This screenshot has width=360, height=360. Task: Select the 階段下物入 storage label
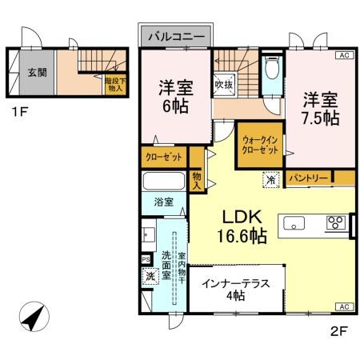(x=114, y=83)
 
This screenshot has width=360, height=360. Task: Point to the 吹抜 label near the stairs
(x=222, y=83)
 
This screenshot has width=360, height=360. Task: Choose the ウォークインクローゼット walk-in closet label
(x=261, y=145)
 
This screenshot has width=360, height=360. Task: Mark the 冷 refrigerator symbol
(x=271, y=180)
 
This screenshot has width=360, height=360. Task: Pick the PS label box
(x=145, y=259)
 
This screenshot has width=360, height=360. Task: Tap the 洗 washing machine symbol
(x=150, y=277)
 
